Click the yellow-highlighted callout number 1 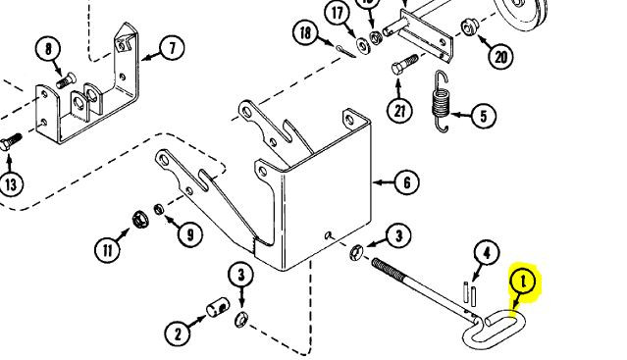[x=523, y=283]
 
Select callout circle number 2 [x=178, y=334]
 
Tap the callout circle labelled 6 [x=407, y=182]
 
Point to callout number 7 [x=173, y=48]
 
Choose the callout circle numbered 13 [x=11, y=184]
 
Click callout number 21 [x=400, y=111]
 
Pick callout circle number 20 [x=500, y=57]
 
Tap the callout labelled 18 [x=305, y=32]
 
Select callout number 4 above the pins [x=487, y=252]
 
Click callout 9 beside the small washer [x=190, y=234]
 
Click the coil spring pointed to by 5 [x=442, y=101]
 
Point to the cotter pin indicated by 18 [x=345, y=51]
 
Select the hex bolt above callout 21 [x=404, y=65]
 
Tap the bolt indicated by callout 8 [x=66, y=80]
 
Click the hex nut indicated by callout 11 [x=140, y=220]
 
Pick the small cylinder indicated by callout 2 [x=218, y=307]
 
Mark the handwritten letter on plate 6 [x=330, y=235]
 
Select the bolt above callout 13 [x=11, y=142]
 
